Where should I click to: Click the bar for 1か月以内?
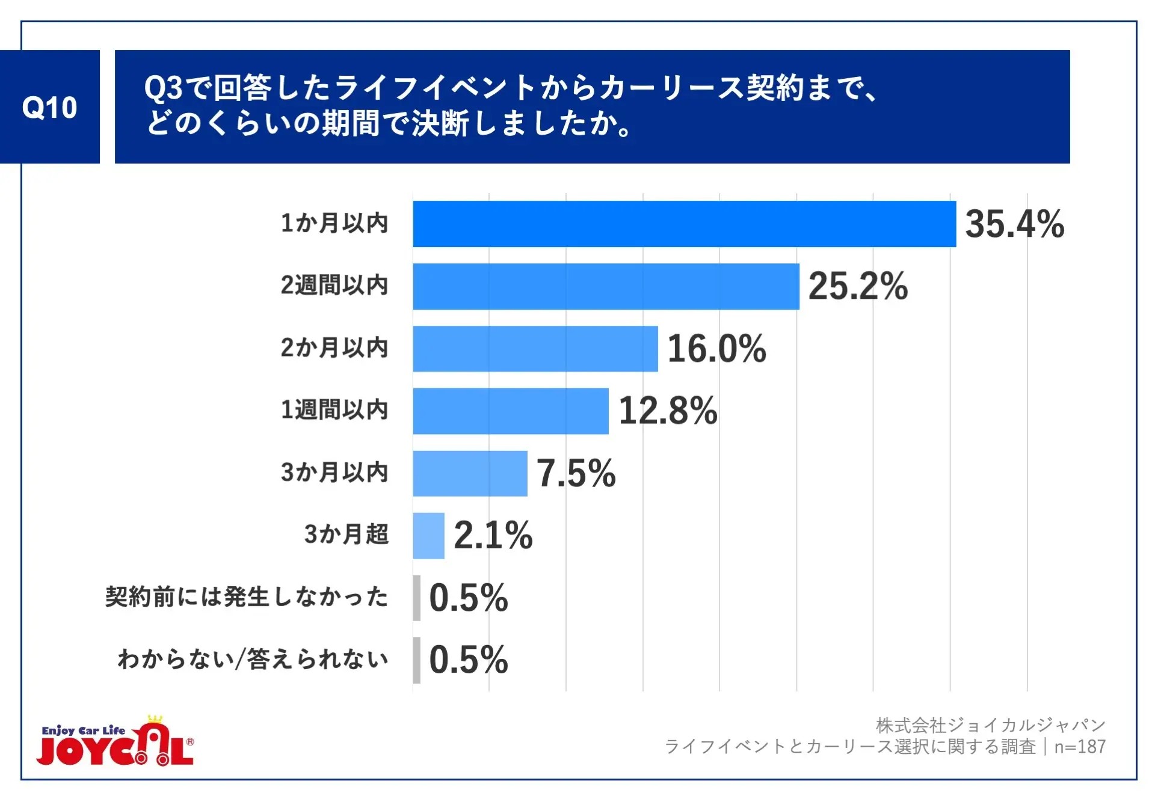pos(684,224)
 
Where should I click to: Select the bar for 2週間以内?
pos(606,286)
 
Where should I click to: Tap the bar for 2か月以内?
pos(535,349)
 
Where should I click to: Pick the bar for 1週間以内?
pos(511,411)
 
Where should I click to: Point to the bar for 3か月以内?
pos(470,473)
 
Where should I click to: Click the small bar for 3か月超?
pos(428,536)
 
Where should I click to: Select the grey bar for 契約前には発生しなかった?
pos(417,598)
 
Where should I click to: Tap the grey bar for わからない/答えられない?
pos(417,660)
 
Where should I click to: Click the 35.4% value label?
pos(1014,224)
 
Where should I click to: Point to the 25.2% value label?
pos(858,286)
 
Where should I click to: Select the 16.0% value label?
pos(716,349)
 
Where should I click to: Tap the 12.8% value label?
pos(668,411)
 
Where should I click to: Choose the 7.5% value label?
pos(576,473)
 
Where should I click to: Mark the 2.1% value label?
pos(493,536)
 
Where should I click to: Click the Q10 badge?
pos(50,107)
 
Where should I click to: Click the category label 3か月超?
pos(346,534)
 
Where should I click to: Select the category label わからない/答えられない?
pos(253,660)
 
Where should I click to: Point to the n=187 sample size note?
pos(1080,747)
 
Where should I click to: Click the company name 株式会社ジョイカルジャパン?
pos(990,726)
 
